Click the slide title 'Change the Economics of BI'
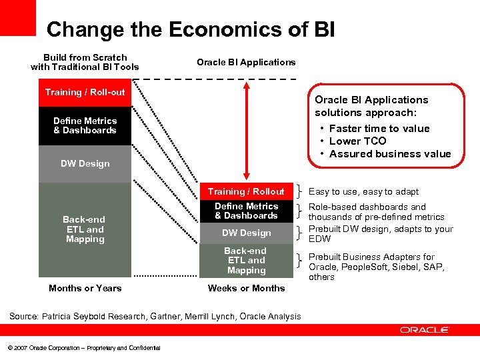click(191, 30)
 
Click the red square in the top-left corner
click(17, 17)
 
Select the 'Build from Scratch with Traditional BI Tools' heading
click(85, 62)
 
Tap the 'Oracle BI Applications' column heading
click(246, 62)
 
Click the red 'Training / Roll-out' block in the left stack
click(85, 92)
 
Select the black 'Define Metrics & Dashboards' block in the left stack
click(85, 125)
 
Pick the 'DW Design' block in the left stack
click(85, 163)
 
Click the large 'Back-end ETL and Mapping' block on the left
click(85, 229)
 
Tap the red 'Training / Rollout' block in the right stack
click(246, 191)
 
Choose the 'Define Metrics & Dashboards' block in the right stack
click(246, 211)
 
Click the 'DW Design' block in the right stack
click(246, 233)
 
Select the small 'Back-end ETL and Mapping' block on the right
click(246, 261)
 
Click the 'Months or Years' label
click(85, 288)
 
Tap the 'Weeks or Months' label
click(246, 288)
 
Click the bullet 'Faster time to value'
click(379, 128)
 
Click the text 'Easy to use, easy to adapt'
click(363, 191)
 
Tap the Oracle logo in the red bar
click(425, 330)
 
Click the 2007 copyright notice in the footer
click(84, 348)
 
